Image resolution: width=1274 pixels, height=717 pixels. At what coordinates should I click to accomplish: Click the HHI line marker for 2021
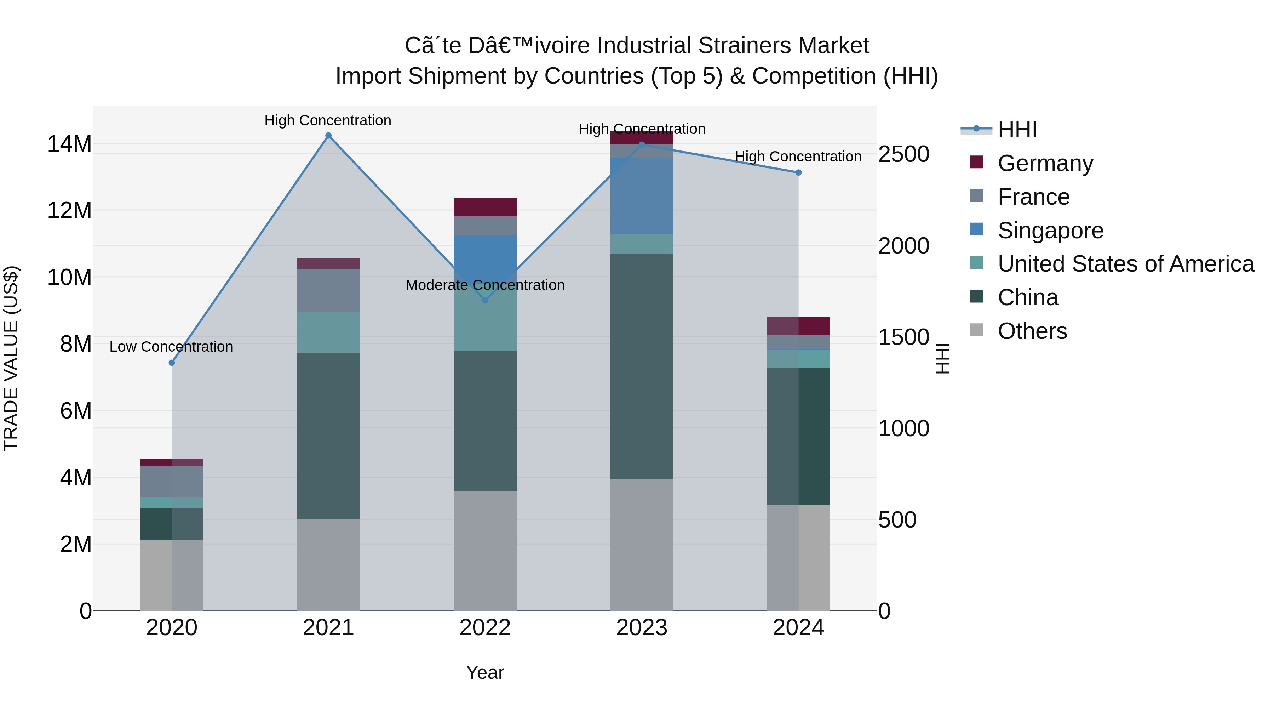coord(328,136)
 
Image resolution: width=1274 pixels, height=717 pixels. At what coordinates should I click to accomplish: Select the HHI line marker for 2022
coord(485,300)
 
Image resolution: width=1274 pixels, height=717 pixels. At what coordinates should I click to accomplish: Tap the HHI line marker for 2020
coord(172,363)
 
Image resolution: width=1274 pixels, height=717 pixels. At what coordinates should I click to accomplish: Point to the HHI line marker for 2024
coord(798,173)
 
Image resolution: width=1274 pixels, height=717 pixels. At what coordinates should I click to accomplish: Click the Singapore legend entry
coord(1050,231)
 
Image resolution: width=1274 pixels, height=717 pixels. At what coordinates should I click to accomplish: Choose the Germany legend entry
coord(1045,163)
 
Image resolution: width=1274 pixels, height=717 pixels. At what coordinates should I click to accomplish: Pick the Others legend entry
coord(1032,331)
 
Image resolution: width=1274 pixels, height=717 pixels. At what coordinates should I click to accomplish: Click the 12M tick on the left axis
coord(69,211)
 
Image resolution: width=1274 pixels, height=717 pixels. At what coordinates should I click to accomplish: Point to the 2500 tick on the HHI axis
coord(903,154)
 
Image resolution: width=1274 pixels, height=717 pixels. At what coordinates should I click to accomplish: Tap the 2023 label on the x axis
coord(642,628)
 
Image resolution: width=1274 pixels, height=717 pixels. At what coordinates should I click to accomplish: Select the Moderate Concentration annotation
coord(485,285)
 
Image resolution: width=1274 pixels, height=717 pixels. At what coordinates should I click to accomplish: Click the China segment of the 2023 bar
coord(642,366)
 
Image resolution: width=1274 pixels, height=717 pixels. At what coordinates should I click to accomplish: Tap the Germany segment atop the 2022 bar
coord(485,207)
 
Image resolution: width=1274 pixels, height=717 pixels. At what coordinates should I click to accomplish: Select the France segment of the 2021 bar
coord(328,290)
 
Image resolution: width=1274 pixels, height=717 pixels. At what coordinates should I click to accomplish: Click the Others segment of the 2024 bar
coord(798,558)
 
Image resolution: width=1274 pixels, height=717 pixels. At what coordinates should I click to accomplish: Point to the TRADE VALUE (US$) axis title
coord(11,358)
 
